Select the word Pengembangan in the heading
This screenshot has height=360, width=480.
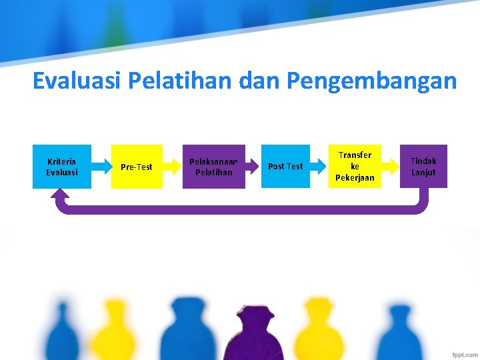click(x=372, y=81)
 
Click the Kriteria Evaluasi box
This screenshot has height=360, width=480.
click(x=62, y=167)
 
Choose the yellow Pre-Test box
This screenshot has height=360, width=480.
click(x=137, y=167)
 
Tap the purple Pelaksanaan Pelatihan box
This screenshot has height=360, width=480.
click(x=214, y=167)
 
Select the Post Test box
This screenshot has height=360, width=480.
click(x=285, y=167)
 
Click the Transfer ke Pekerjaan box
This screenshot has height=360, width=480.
click(x=355, y=167)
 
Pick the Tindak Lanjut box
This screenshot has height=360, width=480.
click(x=423, y=167)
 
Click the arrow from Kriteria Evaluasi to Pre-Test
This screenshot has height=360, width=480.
click(x=101, y=167)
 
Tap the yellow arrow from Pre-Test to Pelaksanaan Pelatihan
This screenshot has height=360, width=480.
click(x=173, y=167)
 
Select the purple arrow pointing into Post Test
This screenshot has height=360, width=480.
click(x=253, y=167)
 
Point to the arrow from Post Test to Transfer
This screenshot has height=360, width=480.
click(x=319, y=167)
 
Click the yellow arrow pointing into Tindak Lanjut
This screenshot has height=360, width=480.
click(x=391, y=167)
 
